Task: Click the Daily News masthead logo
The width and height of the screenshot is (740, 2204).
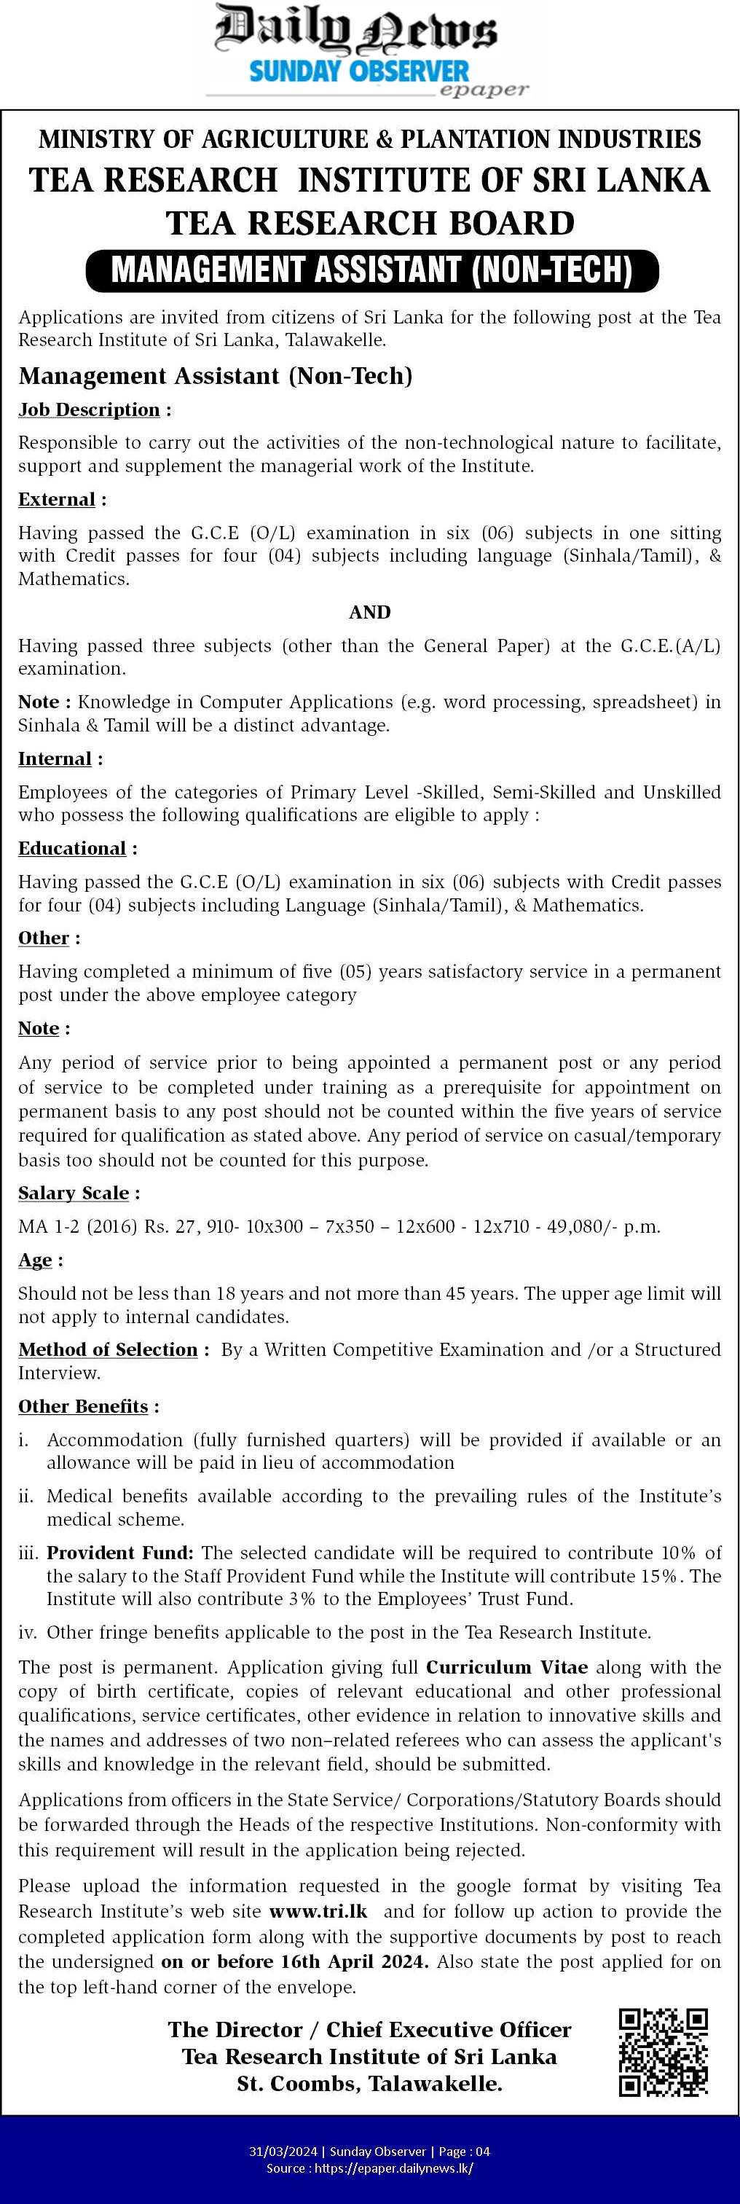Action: [x=355, y=31]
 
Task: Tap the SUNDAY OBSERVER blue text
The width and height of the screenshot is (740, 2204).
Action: [x=358, y=71]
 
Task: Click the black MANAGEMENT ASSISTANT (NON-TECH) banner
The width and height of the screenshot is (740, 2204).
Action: [x=372, y=270]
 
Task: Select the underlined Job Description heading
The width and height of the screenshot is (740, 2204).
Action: [x=89, y=409]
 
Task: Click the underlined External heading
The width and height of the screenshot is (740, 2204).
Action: [x=57, y=500]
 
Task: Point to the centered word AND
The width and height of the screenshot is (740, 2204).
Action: [x=369, y=612]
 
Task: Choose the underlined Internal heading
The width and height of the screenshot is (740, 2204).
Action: [x=55, y=759]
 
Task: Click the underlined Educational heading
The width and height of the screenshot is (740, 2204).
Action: [x=72, y=849]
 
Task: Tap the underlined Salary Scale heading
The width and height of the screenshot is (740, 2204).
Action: [x=74, y=1193]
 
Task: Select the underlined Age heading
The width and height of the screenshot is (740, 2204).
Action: [x=35, y=1260]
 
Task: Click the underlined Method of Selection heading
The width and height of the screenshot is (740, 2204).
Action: [x=108, y=1350]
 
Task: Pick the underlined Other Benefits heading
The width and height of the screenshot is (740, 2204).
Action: [x=83, y=1407]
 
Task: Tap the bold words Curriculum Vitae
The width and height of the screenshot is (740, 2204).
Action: [x=506, y=1668]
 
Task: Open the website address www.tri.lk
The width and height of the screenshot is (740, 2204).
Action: [x=318, y=1911]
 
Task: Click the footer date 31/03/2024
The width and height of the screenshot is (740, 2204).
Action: [x=283, y=2152]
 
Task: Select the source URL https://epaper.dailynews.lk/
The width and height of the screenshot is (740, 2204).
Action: [x=393, y=2168]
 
